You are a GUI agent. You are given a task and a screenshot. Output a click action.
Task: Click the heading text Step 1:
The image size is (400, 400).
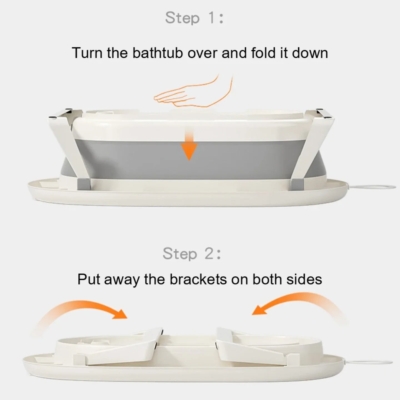[194, 18]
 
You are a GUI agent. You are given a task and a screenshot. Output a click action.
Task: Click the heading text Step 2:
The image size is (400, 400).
[192, 253]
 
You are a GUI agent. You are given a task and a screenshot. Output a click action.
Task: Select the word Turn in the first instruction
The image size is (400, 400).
[87, 53]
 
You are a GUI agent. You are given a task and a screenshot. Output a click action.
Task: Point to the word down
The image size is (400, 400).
[310, 53]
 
